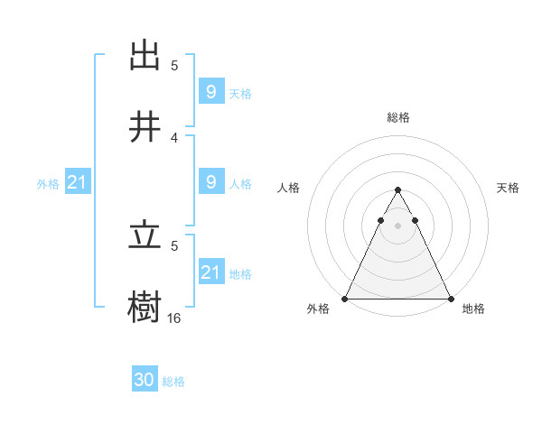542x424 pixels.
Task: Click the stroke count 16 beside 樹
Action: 174,318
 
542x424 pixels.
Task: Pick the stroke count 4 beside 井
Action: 174,137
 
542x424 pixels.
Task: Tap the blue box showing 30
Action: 145,381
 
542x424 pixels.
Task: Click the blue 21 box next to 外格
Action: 77,183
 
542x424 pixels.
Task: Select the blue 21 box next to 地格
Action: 210,272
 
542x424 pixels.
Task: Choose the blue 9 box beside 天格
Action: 210,92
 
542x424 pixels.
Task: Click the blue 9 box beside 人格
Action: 210,182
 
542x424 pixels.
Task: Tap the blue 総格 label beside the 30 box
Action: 173,382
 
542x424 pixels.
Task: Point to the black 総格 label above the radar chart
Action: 398,117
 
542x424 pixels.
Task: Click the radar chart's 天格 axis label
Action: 508,188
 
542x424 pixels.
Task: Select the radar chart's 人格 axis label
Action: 289,188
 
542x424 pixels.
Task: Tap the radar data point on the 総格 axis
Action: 397,190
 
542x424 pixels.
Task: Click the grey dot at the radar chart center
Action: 397,226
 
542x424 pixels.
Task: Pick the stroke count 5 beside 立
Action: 174,244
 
